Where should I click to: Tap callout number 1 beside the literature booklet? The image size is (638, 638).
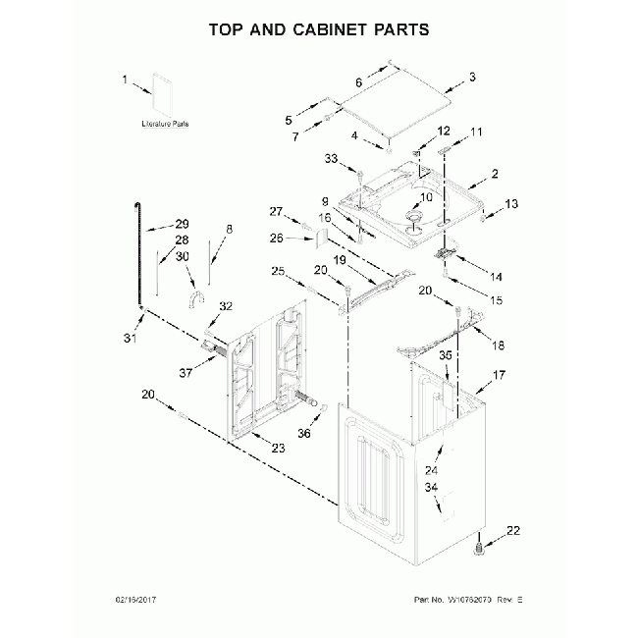coord(125,80)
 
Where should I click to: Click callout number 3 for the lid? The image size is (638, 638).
coord(471,77)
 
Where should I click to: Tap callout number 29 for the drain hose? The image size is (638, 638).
coord(181,223)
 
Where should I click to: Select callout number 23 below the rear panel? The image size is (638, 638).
coord(278,448)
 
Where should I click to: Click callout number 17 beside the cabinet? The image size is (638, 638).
coord(499,375)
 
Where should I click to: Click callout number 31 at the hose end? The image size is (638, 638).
coord(127,340)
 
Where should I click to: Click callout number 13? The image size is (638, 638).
coord(510,203)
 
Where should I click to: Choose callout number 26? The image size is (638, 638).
coord(276,238)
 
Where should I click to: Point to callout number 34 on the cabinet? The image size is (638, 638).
coord(430,487)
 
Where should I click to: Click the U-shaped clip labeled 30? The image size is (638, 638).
coord(195,298)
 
